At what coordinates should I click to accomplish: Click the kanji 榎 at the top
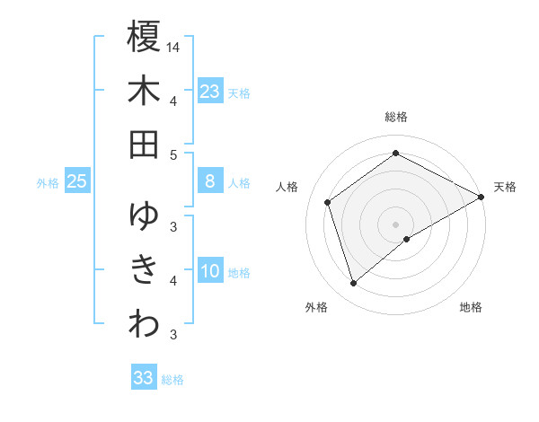[144, 37]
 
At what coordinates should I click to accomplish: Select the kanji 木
[144, 91]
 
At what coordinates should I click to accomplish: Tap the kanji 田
[144, 145]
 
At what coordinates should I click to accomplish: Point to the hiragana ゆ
[144, 216]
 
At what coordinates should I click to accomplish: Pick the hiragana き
[144, 270]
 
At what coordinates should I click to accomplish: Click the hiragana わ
[144, 324]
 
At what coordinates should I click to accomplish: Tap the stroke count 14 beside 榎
[173, 46]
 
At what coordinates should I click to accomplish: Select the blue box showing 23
[209, 92]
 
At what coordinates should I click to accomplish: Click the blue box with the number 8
[209, 181]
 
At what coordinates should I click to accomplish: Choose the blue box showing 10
[209, 271]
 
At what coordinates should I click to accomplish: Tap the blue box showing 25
[77, 181]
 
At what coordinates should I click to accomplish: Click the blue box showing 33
[144, 378]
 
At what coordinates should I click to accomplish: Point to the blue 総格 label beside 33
[172, 380]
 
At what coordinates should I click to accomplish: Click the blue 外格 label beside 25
[48, 183]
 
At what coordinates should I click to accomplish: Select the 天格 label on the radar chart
[505, 187]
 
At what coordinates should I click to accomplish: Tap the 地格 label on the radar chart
[471, 307]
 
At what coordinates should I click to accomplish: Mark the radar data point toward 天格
[482, 197]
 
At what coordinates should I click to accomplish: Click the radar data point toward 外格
[354, 284]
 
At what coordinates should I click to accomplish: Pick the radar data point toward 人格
[328, 202]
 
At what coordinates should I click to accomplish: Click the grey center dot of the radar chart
[396, 224]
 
